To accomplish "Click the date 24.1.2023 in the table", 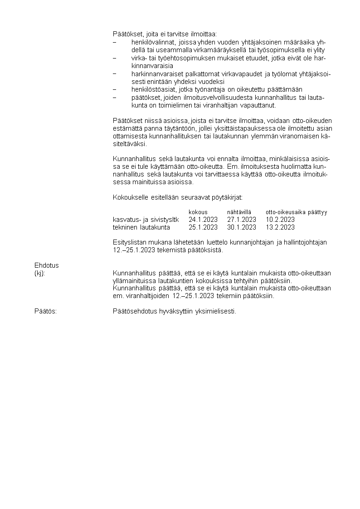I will pos(203,220).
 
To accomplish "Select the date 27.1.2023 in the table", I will pos(241,220).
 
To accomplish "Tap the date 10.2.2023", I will pos(280,220).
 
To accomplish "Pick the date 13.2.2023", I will pos(280,227).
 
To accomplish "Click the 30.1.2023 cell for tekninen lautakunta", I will pos(241,227).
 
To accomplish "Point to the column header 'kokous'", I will pos(198,212).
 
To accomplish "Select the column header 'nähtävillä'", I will pos(239,212).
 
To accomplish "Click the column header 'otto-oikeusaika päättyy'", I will pos(296,212).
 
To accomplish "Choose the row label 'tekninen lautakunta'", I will pos(141,227).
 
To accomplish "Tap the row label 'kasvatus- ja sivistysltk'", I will pos(146,220).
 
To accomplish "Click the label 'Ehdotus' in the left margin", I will pos(47,265).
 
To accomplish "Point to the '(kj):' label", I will pos(40,273).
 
